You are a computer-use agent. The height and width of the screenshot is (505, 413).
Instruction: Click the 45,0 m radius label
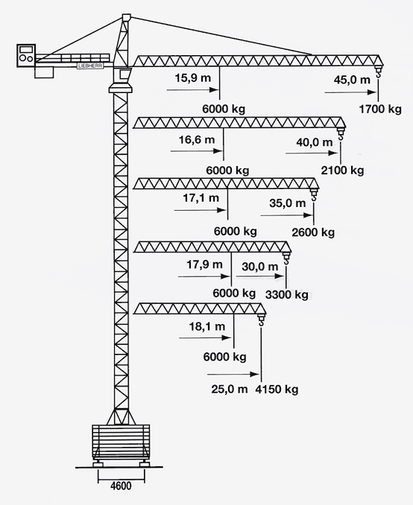point(352,80)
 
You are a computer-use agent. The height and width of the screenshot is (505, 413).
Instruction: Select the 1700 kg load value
point(380,109)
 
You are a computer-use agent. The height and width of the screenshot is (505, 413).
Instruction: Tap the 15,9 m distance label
point(193,77)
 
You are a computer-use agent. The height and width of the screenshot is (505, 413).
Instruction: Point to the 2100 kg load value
point(342,170)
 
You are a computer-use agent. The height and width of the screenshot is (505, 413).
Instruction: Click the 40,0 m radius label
point(315,142)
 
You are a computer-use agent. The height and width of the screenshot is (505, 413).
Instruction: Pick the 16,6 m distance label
point(197,139)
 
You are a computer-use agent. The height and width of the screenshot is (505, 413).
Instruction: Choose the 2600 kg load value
point(313,232)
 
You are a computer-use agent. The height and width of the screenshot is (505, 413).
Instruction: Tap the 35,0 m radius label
point(287,203)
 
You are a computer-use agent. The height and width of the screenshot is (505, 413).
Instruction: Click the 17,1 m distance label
point(201,197)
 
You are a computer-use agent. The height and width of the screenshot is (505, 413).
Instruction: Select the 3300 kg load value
point(286,294)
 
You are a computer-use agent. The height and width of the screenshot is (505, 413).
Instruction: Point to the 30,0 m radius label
point(260,267)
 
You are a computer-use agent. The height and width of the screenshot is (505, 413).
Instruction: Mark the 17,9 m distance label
point(204,264)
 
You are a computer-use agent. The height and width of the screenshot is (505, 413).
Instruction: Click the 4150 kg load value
point(277,390)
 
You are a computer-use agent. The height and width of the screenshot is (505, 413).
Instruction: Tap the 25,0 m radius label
point(230,390)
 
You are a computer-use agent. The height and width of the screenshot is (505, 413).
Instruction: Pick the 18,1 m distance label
point(207,326)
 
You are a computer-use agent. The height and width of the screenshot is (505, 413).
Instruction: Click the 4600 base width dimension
point(121,486)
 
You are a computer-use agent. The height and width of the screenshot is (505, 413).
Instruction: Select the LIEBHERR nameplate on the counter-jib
point(90,66)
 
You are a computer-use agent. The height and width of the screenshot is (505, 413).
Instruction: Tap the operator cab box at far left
point(26,55)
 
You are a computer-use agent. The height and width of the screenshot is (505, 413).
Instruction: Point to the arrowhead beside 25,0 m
point(255,374)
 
